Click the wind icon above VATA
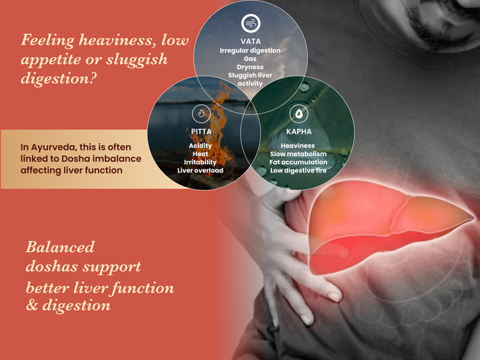[x=251, y=23]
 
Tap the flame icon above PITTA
[x=201, y=113]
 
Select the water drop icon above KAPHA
[x=299, y=113]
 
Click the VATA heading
[x=251, y=42]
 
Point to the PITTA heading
[x=201, y=132]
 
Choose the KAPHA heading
[x=299, y=132]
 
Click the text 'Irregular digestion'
[x=250, y=51]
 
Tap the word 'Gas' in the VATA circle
[x=250, y=59]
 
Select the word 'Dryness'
[x=250, y=67]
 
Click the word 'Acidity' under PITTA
[x=200, y=146]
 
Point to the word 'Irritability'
[x=200, y=162]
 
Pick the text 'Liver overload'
[x=200, y=170]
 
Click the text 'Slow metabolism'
[x=298, y=154]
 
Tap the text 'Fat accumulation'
[x=298, y=162]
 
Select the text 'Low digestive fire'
[x=298, y=170]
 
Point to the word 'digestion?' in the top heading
[x=58, y=79]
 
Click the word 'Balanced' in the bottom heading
[x=60, y=247]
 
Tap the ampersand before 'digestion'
[x=32, y=305]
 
